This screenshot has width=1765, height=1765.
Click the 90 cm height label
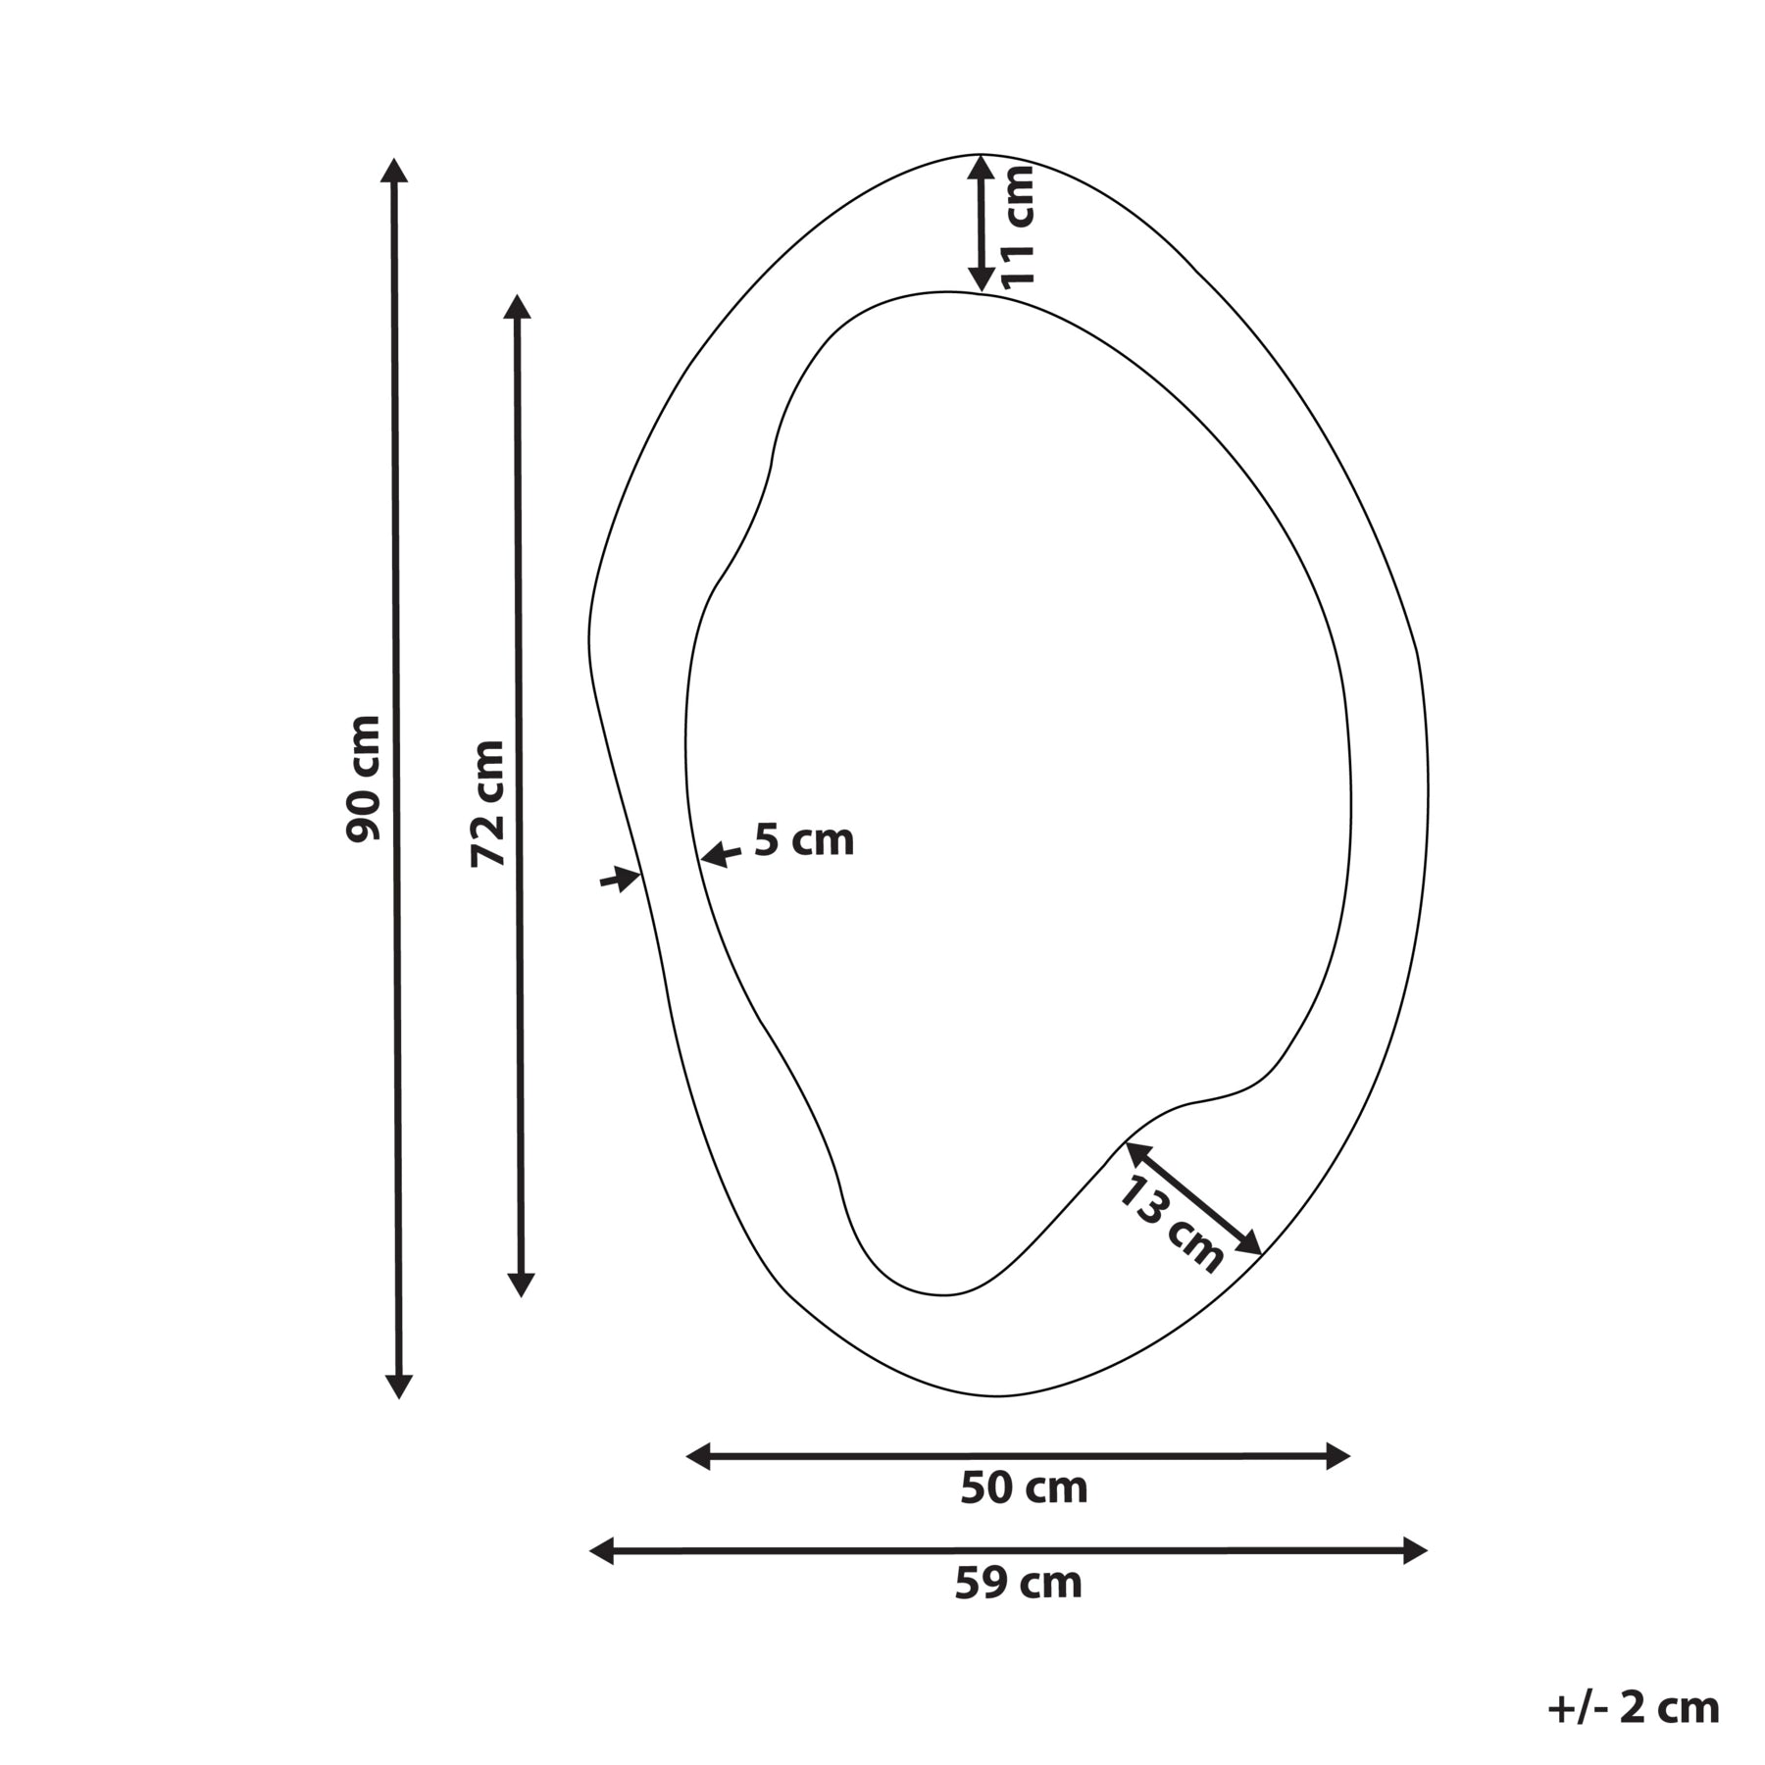[363, 779]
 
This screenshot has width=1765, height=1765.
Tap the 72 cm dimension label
[487, 804]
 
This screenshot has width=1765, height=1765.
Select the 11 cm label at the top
[1019, 225]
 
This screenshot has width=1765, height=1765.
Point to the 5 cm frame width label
[804, 840]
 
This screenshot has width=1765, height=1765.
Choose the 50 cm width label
[1024, 1488]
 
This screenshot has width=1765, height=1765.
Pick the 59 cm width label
[1019, 1584]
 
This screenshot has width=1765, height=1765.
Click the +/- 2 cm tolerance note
[1634, 1707]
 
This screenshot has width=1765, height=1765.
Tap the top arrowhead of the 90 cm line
[394, 171]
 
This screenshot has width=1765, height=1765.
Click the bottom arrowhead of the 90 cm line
[398, 1386]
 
